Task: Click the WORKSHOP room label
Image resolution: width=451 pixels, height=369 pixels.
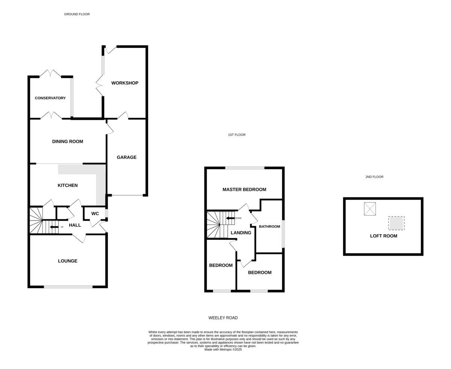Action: click(125, 83)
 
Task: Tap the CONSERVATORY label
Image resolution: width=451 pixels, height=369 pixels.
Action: click(50, 98)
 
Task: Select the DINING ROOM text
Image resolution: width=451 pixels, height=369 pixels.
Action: click(68, 142)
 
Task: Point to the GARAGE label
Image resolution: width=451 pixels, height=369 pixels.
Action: click(127, 157)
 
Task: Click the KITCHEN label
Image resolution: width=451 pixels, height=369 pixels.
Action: click(68, 185)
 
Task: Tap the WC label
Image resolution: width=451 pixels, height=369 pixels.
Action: click(95, 213)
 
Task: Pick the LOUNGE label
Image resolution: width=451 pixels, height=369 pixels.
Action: click(68, 261)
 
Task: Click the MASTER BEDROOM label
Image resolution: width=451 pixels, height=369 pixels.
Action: click(244, 189)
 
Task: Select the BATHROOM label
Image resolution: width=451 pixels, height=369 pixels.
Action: click(269, 227)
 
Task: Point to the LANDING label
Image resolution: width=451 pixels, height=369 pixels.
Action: click(241, 233)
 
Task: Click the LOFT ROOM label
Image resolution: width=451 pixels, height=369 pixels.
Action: click(384, 236)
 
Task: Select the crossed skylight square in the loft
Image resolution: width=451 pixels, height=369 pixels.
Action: click(370, 209)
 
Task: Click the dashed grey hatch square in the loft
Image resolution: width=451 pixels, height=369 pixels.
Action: click(396, 223)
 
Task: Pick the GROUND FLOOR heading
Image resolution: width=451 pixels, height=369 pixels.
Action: click(77, 14)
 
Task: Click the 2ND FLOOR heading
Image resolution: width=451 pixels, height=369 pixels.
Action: click(374, 177)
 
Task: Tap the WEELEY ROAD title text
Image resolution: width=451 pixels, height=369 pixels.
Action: click(223, 318)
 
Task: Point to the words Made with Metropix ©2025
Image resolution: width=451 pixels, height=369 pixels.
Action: click(223, 349)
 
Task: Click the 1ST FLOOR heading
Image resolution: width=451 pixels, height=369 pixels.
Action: click(237, 135)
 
